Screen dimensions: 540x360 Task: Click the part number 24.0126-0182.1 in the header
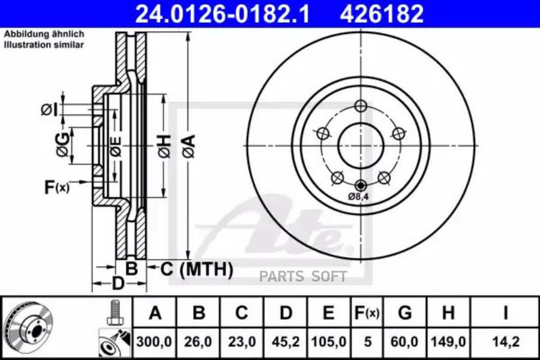coord(223,14)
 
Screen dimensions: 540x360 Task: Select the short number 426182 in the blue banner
coord(382,14)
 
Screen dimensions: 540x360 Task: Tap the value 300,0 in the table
coord(154,342)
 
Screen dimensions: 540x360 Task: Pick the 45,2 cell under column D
coord(286,342)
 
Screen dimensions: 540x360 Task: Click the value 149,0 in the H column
coord(448,342)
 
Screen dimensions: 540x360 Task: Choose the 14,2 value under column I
coord(506,342)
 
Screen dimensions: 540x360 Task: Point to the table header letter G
coord(404,313)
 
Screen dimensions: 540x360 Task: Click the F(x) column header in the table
coord(367,313)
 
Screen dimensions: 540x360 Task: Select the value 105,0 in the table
coord(329,342)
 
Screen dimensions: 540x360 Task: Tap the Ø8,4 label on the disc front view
coord(358,197)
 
